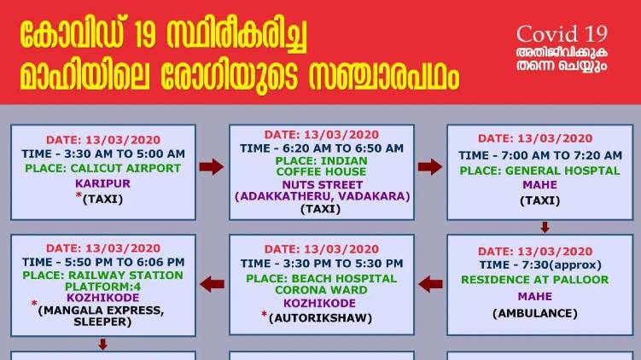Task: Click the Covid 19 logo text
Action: pos(562,34)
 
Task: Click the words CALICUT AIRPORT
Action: pos(125,168)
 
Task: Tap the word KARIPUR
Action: pos(102,183)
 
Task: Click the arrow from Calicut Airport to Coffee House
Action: pos(212,166)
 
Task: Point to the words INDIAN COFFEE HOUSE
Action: pos(321,166)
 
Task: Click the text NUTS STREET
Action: pos(322,185)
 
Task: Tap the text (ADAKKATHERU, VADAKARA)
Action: pos(322,196)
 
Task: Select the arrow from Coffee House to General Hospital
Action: pos(430,166)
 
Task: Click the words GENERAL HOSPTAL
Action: pos(562,171)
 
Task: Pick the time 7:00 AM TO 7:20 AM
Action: pos(561,155)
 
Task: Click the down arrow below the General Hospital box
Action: pos(545,227)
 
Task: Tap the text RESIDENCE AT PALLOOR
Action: pos(535,280)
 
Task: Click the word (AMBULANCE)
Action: pos(535,313)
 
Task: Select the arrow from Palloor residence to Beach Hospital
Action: pos(430,284)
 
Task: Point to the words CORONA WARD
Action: pos(321,290)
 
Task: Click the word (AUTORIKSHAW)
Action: pos(321,318)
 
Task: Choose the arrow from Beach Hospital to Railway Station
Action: pos(213,284)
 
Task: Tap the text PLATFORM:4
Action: pos(102,287)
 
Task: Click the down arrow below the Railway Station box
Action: pos(103,344)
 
